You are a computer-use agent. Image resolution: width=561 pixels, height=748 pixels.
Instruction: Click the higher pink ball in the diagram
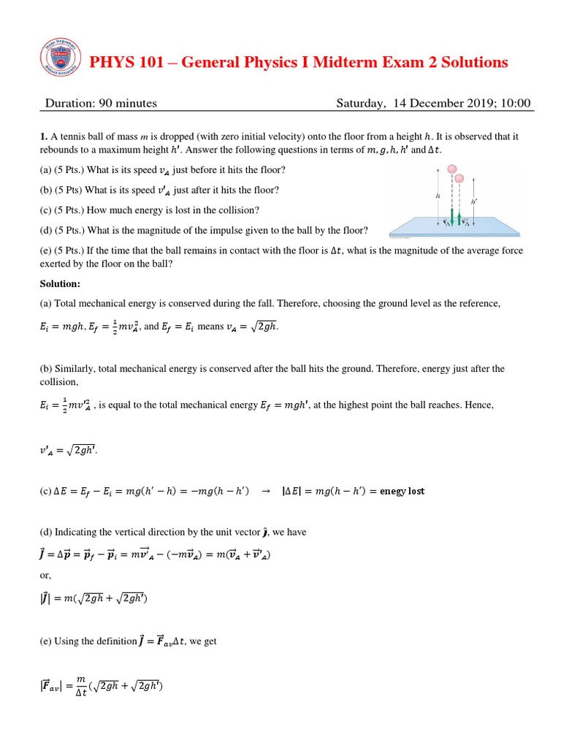pyautogui.click(x=452, y=169)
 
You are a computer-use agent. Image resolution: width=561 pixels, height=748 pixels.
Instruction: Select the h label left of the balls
pyautogui.click(x=438, y=196)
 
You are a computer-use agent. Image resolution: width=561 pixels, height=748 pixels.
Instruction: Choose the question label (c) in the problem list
pyautogui.click(x=47, y=210)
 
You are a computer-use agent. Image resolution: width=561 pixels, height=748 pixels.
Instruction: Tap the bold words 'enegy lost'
pyautogui.click(x=400, y=491)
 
